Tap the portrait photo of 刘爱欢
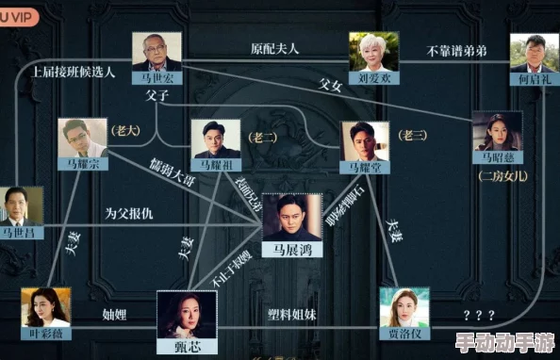(373, 52)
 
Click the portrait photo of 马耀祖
(216, 138)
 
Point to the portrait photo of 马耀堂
(365, 140)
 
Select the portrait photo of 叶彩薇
(46, 307)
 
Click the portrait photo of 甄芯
(187, 314)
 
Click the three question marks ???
(480, 314)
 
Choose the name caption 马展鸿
(286, 252)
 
